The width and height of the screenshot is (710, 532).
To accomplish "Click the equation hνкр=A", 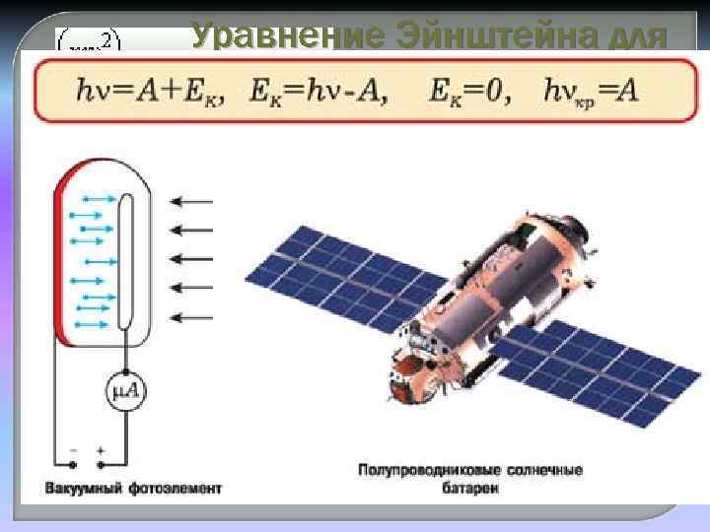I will [591, 92].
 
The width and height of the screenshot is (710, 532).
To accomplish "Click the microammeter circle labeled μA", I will [126, 393].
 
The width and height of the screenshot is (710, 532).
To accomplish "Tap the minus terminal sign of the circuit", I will [71, 449].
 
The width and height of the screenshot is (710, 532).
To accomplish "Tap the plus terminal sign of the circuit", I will [102, 449].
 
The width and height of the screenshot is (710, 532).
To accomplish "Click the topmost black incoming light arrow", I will [191, 202].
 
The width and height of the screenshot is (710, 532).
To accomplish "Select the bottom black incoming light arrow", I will [191, 317].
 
